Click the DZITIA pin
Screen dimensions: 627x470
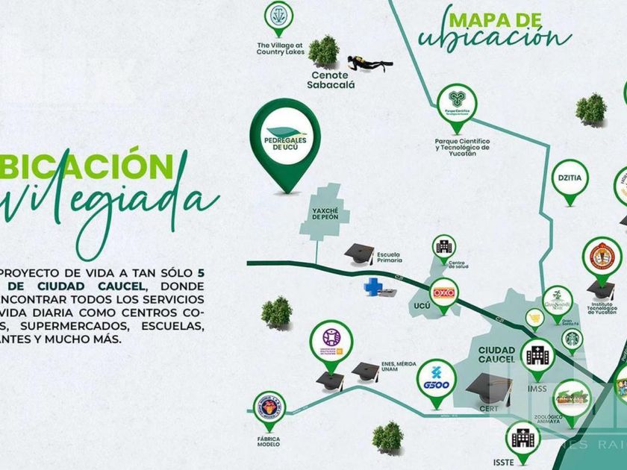pyautogui.click(x=570, y=180)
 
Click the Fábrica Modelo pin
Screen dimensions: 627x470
pyautogui.click(x=269, y=409)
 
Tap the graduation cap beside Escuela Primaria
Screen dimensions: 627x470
pyautogui.click(x=359, y=253)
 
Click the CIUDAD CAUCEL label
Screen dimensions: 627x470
pyautogui.click(x=496, y=354)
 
